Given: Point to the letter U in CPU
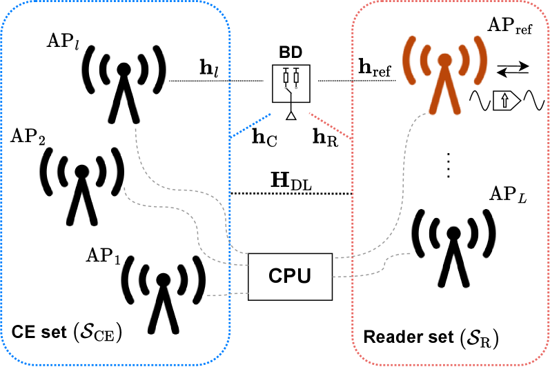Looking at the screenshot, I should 304,276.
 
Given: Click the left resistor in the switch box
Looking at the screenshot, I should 286,77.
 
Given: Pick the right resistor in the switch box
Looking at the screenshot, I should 296,77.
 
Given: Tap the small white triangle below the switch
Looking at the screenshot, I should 291,116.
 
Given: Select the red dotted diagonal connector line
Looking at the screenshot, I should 330,126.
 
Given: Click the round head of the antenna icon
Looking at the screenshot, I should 445,60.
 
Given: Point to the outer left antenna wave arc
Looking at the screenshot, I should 409,61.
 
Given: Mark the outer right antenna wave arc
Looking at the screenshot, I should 481,61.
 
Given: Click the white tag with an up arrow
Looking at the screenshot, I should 506,101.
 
